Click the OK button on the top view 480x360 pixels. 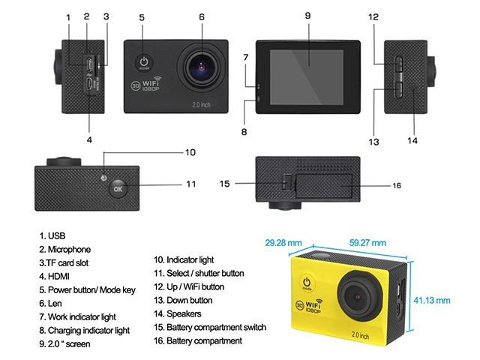point(117,188)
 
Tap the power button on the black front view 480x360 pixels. point(143,63)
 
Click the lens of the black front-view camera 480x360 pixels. point(201,66)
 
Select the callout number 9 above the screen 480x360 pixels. point(307,14)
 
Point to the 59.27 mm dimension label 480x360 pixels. point(367,243)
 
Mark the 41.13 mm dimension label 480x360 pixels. point(432,300)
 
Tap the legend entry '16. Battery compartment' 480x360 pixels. point(198,340)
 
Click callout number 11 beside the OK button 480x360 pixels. point(190,184)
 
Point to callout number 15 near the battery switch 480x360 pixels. point(224,183)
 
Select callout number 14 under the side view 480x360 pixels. point(412,139)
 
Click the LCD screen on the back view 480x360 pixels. point(307,66)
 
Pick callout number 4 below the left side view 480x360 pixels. point(88,139)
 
